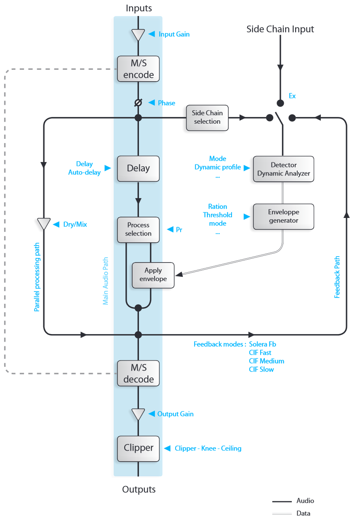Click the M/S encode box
(138, 69)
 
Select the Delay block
(138, 168)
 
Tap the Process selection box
(138, 229)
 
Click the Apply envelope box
(153, 275)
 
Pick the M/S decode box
(138, 373)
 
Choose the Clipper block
(138, 448)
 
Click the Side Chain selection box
(207, 117)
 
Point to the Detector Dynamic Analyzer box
(283, 169)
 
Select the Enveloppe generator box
(283, 216)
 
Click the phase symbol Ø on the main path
(138, 103)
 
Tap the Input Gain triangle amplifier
(138, 35)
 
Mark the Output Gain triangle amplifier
(138, 414)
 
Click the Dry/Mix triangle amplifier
(44, 224)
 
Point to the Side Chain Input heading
(280, 29)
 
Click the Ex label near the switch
(292, 96)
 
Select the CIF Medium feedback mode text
(267, 361)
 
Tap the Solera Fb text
(262, 344)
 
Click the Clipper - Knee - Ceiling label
(208, 449)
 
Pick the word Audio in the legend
(305, 501)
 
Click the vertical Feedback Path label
(337, 277)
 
